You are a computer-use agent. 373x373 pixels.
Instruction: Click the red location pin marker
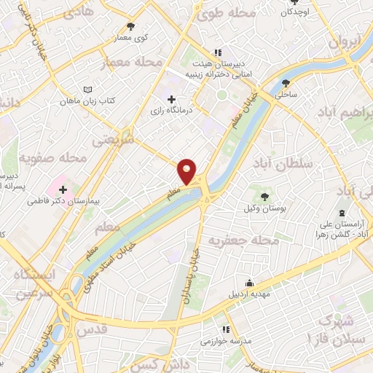coord(187,172)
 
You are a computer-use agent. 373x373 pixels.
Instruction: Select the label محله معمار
coord(131,63)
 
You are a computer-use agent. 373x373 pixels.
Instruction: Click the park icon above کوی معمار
coord(130,25)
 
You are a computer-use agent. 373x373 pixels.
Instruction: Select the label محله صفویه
coord(53,157)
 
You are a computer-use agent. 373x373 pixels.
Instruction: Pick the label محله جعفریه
coord(244,240)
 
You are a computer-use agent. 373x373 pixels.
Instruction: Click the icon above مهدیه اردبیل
coord(251,283)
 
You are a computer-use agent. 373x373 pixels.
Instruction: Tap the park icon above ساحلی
coord(286,82)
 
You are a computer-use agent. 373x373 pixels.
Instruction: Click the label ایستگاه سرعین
coord(30,283)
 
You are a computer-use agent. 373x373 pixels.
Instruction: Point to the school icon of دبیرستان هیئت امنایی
coord(216,52)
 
